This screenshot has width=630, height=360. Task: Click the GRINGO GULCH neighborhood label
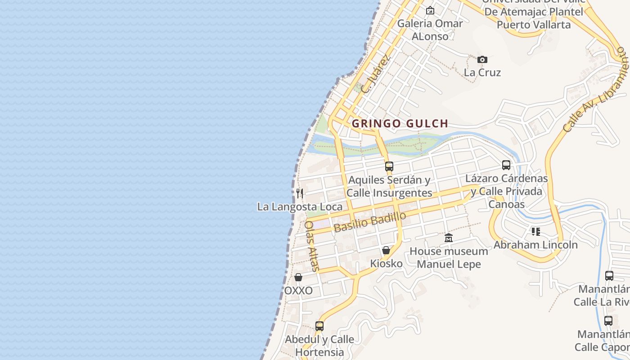400,123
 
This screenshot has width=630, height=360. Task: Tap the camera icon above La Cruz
482,59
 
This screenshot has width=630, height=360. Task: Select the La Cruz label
482,72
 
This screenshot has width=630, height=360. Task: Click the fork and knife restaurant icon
300,193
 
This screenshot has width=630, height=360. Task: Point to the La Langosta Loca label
300,207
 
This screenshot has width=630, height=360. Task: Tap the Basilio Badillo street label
370,222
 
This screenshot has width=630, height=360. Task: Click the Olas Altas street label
312,246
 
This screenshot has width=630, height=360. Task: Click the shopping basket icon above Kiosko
386,250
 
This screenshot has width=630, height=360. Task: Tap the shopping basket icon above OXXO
298,277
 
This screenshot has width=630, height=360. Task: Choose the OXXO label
298,291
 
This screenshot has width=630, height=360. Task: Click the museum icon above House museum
449,238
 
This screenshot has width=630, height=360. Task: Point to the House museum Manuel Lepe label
449,258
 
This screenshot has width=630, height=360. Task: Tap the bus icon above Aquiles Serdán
389,166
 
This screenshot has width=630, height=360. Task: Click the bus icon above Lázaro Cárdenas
506,165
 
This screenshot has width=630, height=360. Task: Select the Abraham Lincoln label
535,245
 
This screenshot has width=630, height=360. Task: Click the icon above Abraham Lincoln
535,232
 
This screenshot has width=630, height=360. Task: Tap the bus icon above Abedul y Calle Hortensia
319,326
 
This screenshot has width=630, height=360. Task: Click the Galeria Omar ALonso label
430,30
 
